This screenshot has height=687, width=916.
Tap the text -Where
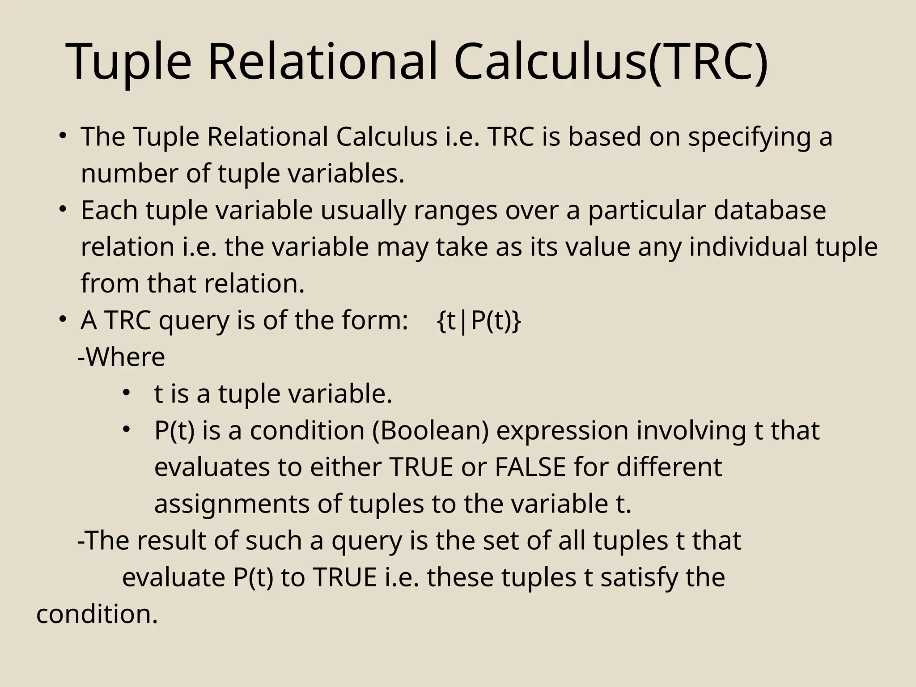[x=121, y=357]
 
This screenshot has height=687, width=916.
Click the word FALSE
[x=530, y=467]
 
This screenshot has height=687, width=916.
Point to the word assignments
[x=232, y=504]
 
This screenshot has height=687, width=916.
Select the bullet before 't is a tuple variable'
[x=126, y=392]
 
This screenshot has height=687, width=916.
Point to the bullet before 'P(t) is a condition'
[x=126, y=429]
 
